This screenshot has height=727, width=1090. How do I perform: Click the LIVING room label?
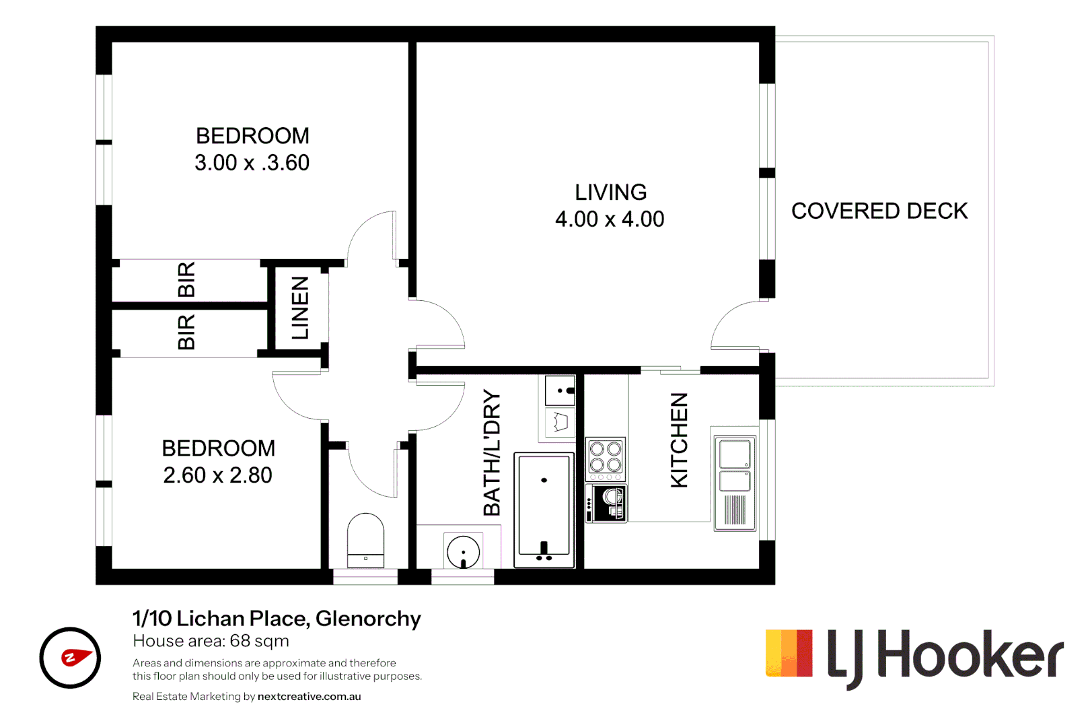coord(610,193)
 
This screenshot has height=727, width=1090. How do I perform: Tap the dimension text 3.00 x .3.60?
coord(252,163)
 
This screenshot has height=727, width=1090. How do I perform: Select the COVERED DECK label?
coord(879,211)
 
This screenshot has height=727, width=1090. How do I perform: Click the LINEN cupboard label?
coord(300,308)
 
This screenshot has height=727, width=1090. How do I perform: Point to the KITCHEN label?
coord(680,440)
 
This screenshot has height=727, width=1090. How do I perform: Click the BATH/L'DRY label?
coord(493,452)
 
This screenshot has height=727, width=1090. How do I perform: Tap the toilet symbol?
coord(365,541)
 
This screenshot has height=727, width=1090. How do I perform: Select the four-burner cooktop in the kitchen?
coord(606,458)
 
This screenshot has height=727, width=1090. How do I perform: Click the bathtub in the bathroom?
coord(544,510)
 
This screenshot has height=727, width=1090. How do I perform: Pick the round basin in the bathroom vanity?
coord(463,552)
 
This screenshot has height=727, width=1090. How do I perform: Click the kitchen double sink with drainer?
coord(735,482)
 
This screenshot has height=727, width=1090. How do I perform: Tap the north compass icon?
coord(70,658)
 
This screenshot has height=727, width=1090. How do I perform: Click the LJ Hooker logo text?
coord(945,656)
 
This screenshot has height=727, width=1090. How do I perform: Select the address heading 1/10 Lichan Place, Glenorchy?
coord(277,618)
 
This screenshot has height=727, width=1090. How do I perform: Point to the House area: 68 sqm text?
coord(211,641)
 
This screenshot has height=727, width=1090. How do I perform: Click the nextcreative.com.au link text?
coord(309,697)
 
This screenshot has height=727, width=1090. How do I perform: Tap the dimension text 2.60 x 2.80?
coord(217,475)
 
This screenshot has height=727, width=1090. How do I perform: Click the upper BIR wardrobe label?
coord(186,279)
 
